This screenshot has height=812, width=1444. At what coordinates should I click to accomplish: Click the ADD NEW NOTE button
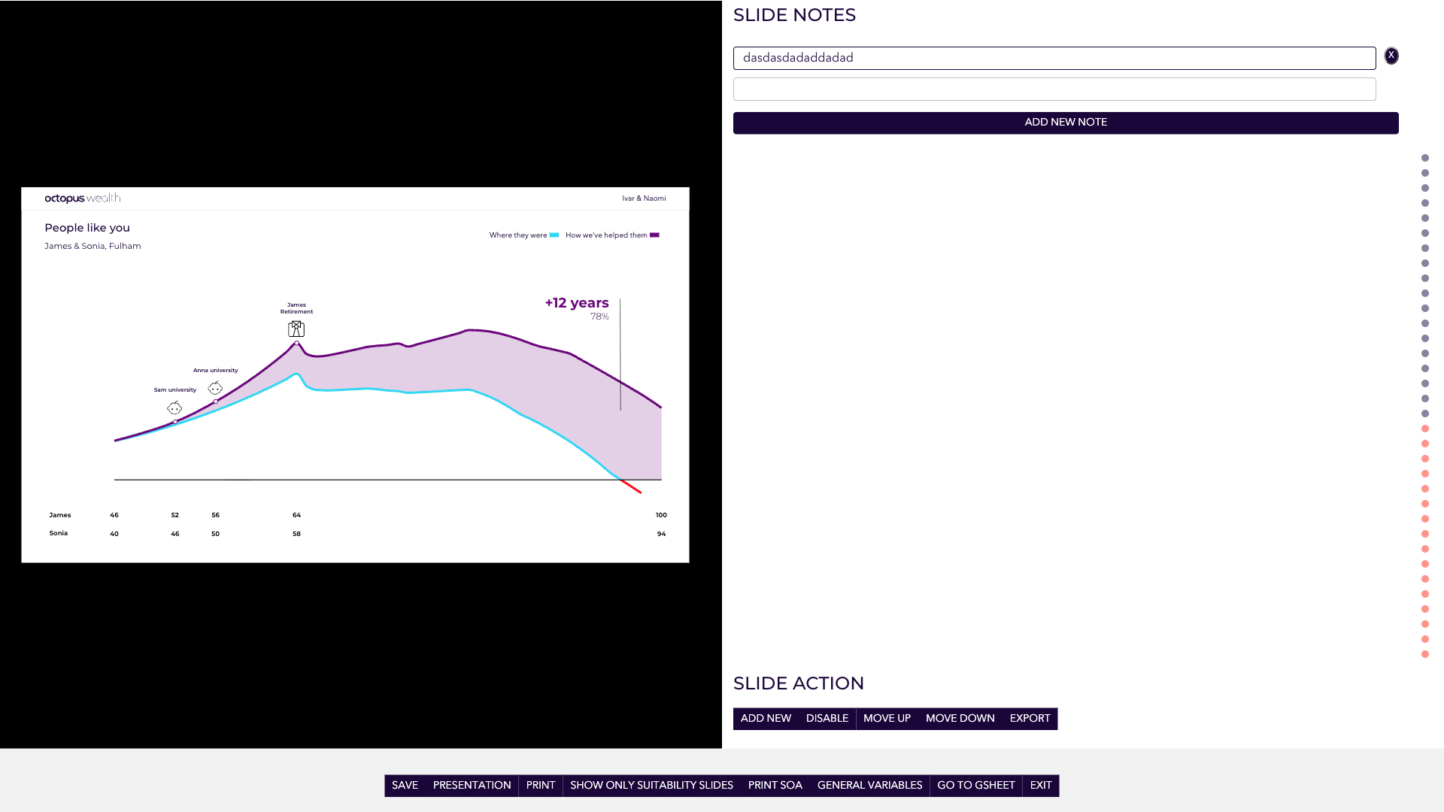tap(1066, 123)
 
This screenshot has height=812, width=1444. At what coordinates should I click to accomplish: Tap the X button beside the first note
tap(1391, 56)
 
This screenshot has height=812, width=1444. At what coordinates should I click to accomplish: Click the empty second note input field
tap(1054, 89)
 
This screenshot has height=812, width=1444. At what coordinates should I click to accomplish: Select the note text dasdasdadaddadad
tap(798, 58)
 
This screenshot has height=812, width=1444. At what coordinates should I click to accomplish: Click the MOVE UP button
tap(887, 719)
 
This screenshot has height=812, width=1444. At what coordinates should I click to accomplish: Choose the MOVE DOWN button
tap(960, 719)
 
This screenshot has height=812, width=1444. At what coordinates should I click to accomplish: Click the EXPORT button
tap(1030, 719)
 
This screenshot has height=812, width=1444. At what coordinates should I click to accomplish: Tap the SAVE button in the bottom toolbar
tap(405, 786)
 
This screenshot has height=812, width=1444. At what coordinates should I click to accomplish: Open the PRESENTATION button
tap(472, 786)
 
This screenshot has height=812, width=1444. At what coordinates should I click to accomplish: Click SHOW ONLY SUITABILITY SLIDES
tap(651, 786)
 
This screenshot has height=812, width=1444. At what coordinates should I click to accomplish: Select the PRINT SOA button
tap(775, 786)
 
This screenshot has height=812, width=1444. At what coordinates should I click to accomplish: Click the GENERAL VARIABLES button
tap(869, 786)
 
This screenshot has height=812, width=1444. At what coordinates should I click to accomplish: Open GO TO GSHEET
tap(976, 786)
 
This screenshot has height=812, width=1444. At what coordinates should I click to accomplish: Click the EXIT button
tap(1041, 786)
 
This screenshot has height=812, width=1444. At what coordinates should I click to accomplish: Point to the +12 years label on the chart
tap(577, 303)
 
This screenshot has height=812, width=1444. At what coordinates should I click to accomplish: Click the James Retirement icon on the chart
tap(296, 329)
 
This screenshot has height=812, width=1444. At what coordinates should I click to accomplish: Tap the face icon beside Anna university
tap(215, 388)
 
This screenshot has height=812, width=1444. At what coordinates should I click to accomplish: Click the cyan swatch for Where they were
tap(554, 235)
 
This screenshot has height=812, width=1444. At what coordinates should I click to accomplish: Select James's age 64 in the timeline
tap(296, 515)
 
